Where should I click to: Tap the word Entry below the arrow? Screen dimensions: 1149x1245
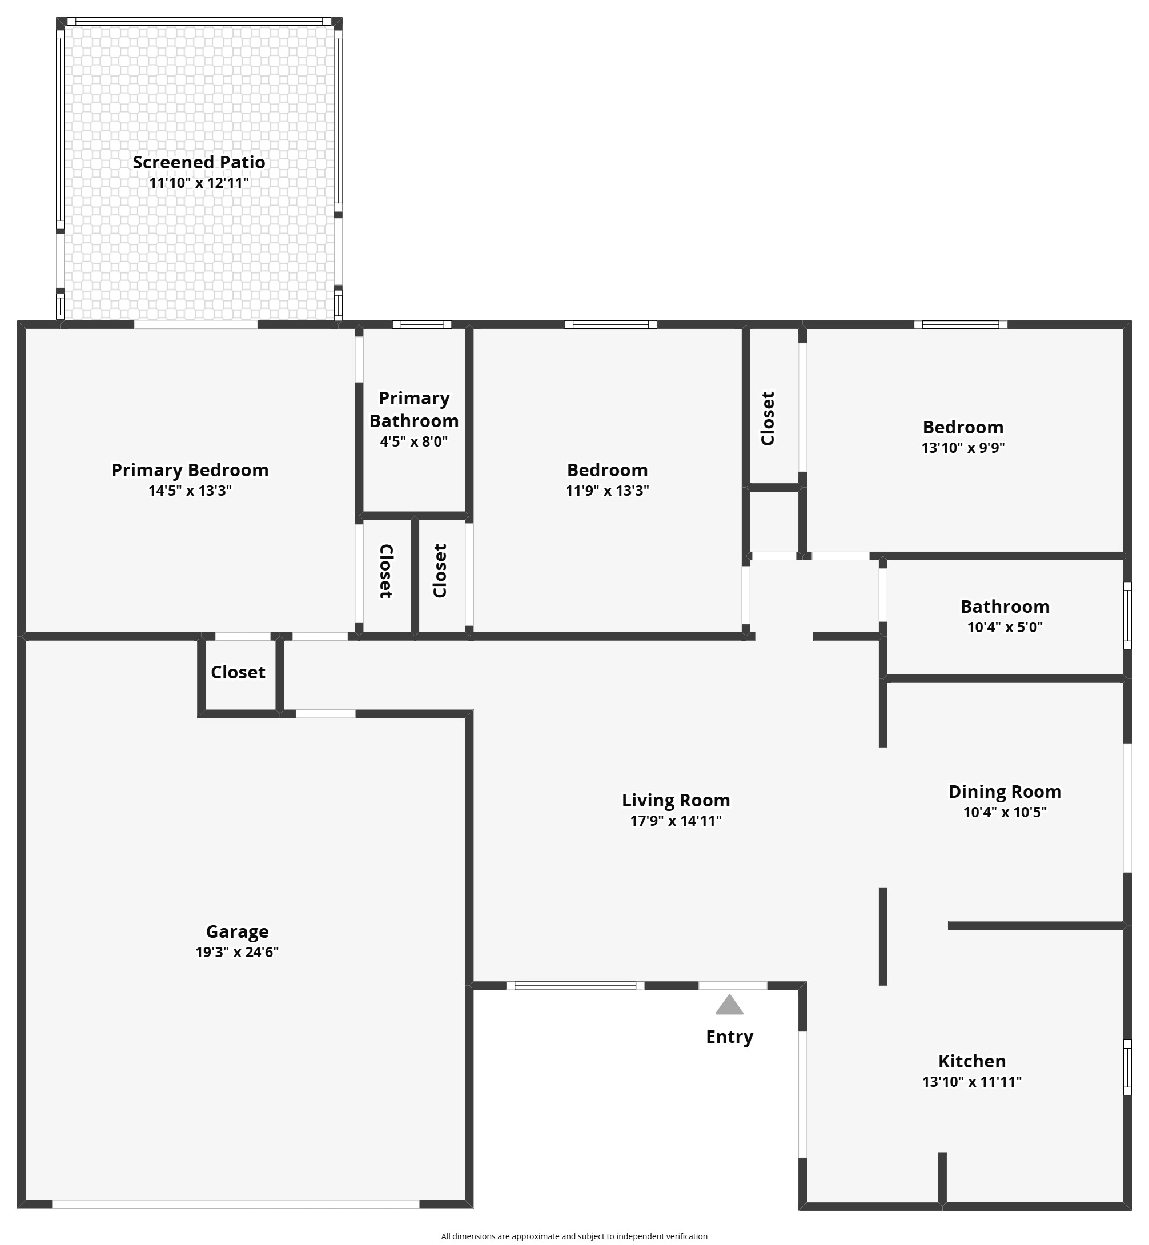729,1037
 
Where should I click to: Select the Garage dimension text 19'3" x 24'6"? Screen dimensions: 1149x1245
237,952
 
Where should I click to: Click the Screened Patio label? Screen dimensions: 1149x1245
199,162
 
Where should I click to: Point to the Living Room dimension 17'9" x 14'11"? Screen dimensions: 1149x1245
676,820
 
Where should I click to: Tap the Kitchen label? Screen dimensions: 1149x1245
972,1061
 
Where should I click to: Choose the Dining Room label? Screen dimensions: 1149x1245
1005,791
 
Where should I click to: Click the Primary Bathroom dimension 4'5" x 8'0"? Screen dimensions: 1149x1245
414,441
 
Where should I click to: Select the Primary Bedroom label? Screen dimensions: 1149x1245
190,469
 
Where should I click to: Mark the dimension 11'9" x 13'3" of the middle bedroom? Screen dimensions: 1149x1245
608,491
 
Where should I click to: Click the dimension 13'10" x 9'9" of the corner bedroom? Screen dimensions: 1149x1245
963,448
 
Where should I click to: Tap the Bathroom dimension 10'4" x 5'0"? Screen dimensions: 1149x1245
1005,627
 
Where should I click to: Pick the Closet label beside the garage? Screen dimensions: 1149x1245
238,672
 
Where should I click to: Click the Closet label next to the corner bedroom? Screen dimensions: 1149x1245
768,419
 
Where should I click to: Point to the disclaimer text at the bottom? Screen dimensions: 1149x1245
574,1236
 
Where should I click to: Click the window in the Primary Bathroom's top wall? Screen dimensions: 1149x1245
422,324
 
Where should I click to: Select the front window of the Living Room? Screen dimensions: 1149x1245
575,985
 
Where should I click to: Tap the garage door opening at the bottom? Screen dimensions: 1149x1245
236,1204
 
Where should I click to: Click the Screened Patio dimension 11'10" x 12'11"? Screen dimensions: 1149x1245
199,183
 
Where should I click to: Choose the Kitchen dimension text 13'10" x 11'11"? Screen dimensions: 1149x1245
972,1082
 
